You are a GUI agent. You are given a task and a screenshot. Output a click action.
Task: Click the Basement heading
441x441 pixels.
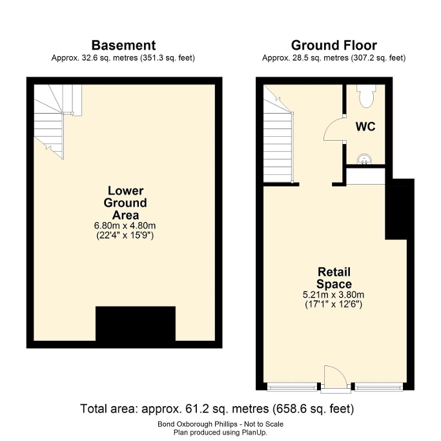click(x=123, y=45)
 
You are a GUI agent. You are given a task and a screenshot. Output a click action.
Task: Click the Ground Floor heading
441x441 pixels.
click(x=334, y=45)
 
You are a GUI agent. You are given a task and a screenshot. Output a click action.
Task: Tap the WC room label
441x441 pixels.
click(x=365, y=127)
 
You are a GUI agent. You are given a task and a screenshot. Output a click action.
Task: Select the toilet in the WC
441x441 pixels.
click(x=366, y=96)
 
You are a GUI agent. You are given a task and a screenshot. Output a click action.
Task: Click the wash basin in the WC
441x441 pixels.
click(x=365, y=159)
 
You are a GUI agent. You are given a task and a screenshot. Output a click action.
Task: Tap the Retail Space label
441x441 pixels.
click(x=334, y=278)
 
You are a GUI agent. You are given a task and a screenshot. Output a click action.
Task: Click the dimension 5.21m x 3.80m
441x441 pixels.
click(x=333, y=294)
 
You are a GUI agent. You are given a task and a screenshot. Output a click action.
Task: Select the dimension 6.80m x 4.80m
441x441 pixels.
click(x=125, y=225)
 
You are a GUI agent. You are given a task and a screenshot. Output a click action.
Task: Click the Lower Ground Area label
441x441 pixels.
click(x=125, y=203)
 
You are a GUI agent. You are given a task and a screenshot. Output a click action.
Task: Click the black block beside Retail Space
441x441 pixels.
click(x=400, y=209)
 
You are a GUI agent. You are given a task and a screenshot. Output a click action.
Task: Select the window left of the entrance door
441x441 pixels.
click(x=292, y=387)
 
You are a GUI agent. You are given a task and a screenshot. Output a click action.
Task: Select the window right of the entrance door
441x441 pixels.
click(x=378, y=387)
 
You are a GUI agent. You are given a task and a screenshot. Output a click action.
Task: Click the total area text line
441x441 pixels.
click(x=217, y=409)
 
